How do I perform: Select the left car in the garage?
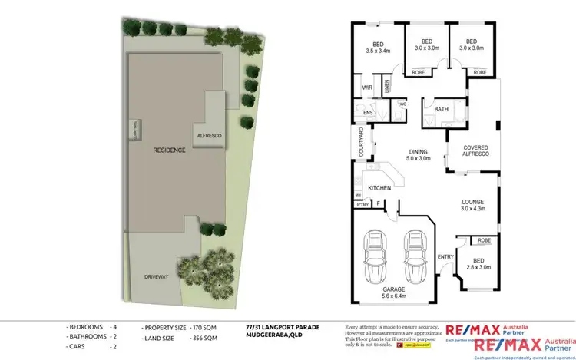tap(375, 255)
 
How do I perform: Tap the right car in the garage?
tap(414, 255)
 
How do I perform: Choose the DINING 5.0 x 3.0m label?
tap(415, 154)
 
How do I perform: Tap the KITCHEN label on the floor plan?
tap(379, 188)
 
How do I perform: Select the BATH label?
tap(441, 110)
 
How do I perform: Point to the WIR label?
tap(367, 88)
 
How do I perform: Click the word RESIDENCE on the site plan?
tap(169, 150)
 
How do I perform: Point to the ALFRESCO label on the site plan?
tap(210, 134)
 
